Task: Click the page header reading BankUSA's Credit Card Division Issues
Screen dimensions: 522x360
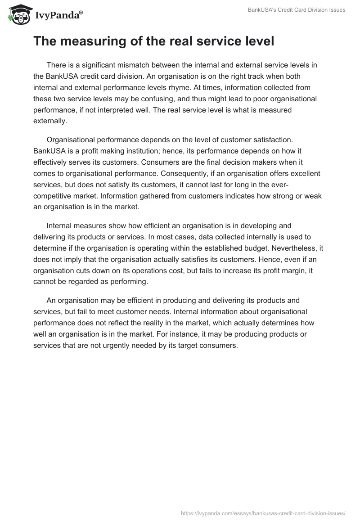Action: click(x=297, y=10)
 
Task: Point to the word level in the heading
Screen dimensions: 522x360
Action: click(x=257, y=41)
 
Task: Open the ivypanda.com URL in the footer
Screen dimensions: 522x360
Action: click(x=263, y=513)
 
